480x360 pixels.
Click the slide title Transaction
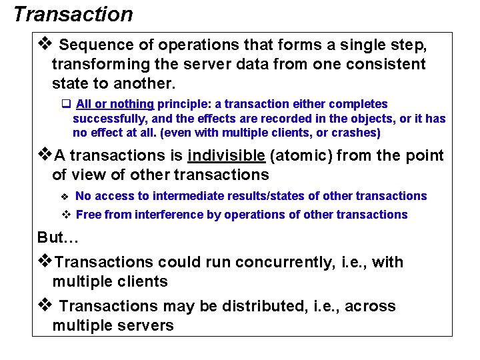click(x=73, y=14)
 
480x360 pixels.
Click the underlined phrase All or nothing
click(x=115, y=104)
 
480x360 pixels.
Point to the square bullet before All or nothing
click(x=66, y=104)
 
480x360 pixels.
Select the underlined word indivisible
click(x=227, y=155)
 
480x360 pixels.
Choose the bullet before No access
click(x=65, y=197)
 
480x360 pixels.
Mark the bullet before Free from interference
click(x=66, y=215)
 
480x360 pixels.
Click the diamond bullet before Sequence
click(x=45, y=45)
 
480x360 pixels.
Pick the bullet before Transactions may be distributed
click(x=45, y=305)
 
